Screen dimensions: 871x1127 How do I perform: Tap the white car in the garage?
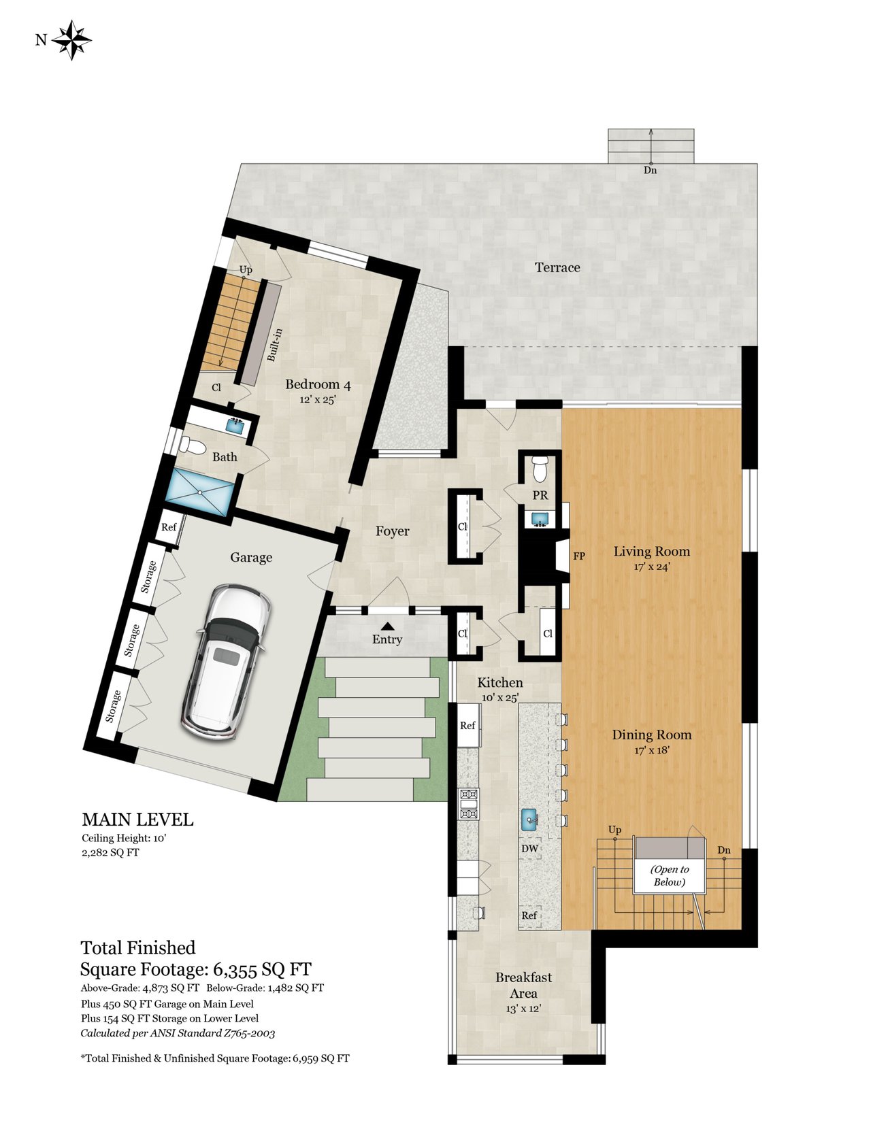coord(226,663)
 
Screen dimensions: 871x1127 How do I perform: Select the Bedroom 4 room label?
coord(318,384)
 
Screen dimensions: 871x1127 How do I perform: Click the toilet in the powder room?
coord(540,469)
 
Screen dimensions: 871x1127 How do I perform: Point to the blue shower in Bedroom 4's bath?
coord(199,492)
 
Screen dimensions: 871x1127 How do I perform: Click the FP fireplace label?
coord(579,556)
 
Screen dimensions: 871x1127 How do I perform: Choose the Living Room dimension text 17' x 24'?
coord(652,567)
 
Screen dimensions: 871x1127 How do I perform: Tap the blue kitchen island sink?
coord(529,820)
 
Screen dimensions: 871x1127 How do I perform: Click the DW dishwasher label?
coord(529,849)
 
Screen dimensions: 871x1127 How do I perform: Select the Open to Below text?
coord(670,875)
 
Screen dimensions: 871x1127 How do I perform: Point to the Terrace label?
coord(558,267)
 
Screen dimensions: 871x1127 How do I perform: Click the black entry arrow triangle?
coord(387,626)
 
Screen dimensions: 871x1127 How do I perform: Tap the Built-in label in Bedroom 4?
coord(274,345)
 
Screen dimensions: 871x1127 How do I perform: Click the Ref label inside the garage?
coord(169,527)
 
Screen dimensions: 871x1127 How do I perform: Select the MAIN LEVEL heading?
coord(137,820)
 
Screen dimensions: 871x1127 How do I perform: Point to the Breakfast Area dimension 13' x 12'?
coord(523,1009)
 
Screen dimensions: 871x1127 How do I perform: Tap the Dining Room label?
coord(652,735)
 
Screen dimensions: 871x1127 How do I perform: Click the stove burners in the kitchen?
coord(468,803)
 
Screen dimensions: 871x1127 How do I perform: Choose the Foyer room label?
coord(392,531)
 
